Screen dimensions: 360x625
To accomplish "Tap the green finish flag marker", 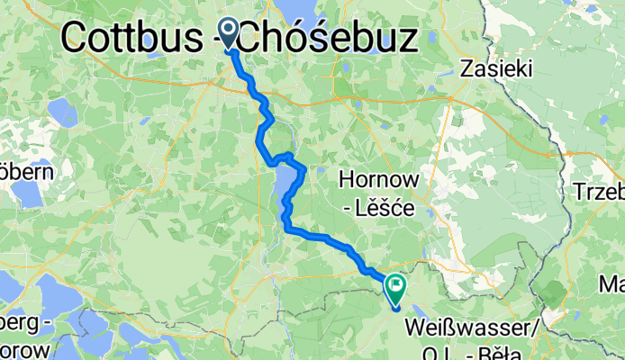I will click(395, 288).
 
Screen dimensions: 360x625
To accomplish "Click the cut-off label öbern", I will click(28, 171).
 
